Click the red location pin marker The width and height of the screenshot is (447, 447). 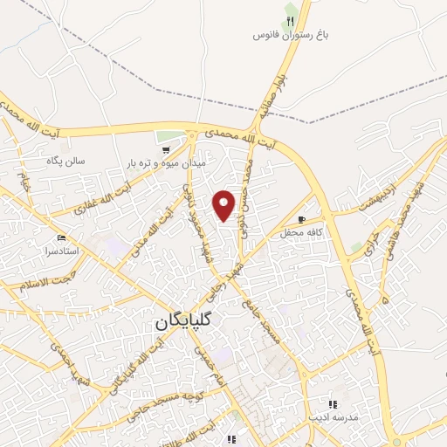[x=224, y=204]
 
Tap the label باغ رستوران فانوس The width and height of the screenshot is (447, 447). [x=289, y=35]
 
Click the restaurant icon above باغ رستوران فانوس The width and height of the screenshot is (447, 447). [x=290, y=20]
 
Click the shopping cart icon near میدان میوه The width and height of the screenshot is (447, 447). [x=164, y=149]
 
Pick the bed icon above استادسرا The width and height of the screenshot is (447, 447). [x=60, y=237]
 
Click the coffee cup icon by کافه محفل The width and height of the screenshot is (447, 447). [x=301, y=220]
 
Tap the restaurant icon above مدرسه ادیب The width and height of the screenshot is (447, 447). [x=332, y=403]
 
